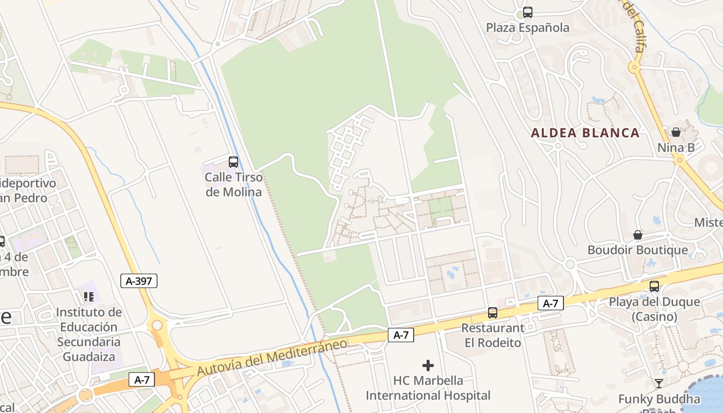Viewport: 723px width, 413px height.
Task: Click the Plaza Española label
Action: pyautogui.click(x=527, y=27)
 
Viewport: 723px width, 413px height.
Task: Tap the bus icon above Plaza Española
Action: pyautogui.click(x=527, y=12)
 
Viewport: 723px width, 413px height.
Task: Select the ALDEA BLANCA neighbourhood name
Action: pyautogui.click(x=585, y=133)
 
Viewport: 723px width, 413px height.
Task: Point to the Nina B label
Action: pyautogui.click(x=675, y=148)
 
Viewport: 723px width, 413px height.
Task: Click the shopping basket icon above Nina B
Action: pyautogui.click(x=676, y=132)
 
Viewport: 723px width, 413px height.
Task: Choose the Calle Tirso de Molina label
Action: pyautogui.click(x=233, y=184)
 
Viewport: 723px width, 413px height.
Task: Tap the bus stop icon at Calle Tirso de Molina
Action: pyautogui.click(x=233, y=162)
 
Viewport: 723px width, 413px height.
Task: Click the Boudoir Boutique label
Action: pyautogui.click(x=637, y=250)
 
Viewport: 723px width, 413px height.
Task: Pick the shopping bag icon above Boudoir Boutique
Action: pyautogui.click(x=638, y=235)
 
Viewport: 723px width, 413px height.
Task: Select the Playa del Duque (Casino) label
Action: pyautogui.click(x=654, y=309)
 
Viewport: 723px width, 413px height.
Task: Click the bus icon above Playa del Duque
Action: pyautogui.click(x=654, y=286)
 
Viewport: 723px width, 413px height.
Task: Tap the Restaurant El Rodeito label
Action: pyautogui.click(x=492, y=335)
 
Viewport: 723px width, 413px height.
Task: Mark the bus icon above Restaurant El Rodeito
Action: pyautogui.click(x=493, y=313)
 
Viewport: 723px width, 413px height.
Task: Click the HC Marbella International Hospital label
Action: pyautogui.click(x=428, y=388)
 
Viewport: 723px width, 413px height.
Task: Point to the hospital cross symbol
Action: pyautogui.click(x=428, y=366)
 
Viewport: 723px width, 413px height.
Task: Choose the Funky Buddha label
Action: pyautogui.click(x=659, y=399)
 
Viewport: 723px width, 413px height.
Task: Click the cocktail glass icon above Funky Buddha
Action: pyautogui.click(x=659, y=384)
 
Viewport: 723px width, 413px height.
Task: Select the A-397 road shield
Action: pyautogui.click(x=138, y=281)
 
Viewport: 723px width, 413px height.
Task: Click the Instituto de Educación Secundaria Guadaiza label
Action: pyautogui.click(x=89, y=334)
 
